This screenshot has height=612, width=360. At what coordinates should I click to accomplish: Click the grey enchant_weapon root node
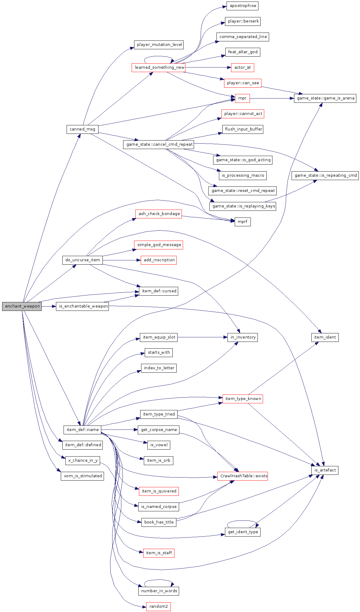(22, 306)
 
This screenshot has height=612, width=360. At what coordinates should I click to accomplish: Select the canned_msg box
(82, 129)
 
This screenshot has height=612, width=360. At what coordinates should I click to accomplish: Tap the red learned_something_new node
(158, 68)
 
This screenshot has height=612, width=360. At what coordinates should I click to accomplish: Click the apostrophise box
(243, 6)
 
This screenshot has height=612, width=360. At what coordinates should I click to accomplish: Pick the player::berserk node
(243, 21)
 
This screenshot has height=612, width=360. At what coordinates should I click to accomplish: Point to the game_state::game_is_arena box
(325, 98)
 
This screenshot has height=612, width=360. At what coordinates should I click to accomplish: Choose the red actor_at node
(242, 68)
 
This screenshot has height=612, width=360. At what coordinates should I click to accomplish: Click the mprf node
(242, 222)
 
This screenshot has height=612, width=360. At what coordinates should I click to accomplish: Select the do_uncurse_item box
(82, 260)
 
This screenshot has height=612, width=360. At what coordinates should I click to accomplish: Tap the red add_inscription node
(159, 260)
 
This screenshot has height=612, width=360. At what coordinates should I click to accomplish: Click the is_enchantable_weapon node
(82, 306)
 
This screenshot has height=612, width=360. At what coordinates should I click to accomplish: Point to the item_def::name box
(82, 430)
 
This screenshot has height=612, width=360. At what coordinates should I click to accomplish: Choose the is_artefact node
(325, 470)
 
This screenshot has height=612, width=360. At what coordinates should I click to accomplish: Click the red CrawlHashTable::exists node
(243, 476)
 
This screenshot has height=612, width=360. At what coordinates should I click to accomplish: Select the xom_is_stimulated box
(82, 476)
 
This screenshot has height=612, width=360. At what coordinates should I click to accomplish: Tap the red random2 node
(158, 607)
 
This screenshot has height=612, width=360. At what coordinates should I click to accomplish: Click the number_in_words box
(159, 591)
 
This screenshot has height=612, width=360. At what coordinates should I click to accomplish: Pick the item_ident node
(325, 337)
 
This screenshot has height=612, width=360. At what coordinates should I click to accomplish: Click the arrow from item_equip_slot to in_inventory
(202, 337)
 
